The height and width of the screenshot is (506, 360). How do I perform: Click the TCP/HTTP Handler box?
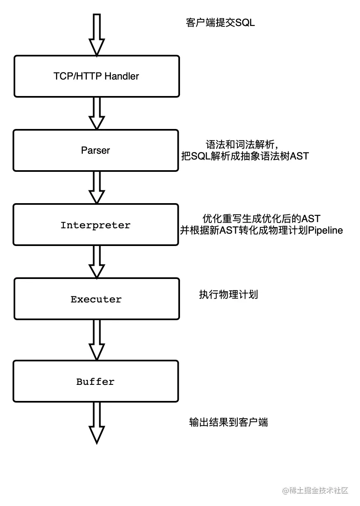click(x=97, y=76)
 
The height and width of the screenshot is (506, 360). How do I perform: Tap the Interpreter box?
click(x=96, y=225)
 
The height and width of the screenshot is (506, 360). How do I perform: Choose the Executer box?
click(x=96, y=299)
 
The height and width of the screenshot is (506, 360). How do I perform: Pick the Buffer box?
click(x=96, y=382)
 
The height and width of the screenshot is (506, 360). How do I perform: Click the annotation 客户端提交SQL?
click(x=220, y=23)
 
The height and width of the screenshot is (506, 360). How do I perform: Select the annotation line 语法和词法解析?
click(x=243, y=145)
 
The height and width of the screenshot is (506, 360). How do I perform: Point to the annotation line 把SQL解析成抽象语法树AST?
click(x=245, y=156)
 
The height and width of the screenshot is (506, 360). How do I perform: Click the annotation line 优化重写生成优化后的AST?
click(x=261, y=218)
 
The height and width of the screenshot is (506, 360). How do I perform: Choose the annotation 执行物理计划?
click(x=228, y=295)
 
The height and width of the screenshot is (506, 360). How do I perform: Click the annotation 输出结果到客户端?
click(x=229, y=422)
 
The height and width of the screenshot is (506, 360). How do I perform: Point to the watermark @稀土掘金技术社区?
click(x=315, y=490)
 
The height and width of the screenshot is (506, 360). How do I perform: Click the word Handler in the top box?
click(x=122, y=76)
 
